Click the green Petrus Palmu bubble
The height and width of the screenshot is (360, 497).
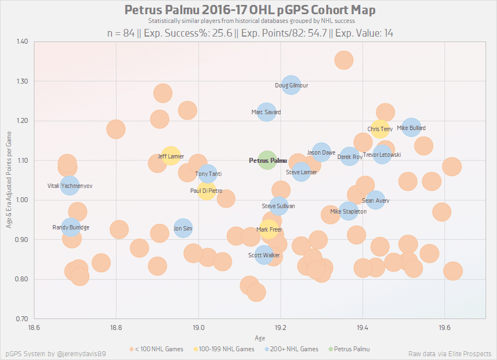point(267,161)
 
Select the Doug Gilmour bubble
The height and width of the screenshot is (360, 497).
point(291,85)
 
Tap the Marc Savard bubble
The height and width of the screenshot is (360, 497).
point(266,113)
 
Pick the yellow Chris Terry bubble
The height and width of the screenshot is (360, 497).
point(380,129)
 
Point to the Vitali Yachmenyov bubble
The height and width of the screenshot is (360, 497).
point(70,186)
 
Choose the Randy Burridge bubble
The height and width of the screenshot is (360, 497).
point(71,227)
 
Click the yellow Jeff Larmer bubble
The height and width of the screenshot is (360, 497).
point(171,156)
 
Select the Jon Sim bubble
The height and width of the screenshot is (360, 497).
point(183,229)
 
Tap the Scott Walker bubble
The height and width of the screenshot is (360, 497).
point(265,255)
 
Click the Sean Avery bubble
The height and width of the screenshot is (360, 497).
point(376,200)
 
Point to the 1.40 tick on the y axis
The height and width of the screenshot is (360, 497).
point(22,42)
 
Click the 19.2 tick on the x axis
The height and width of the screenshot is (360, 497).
point(280,327)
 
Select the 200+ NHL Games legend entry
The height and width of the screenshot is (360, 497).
point(295,349)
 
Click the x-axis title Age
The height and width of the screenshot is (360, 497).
point(260,338)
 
